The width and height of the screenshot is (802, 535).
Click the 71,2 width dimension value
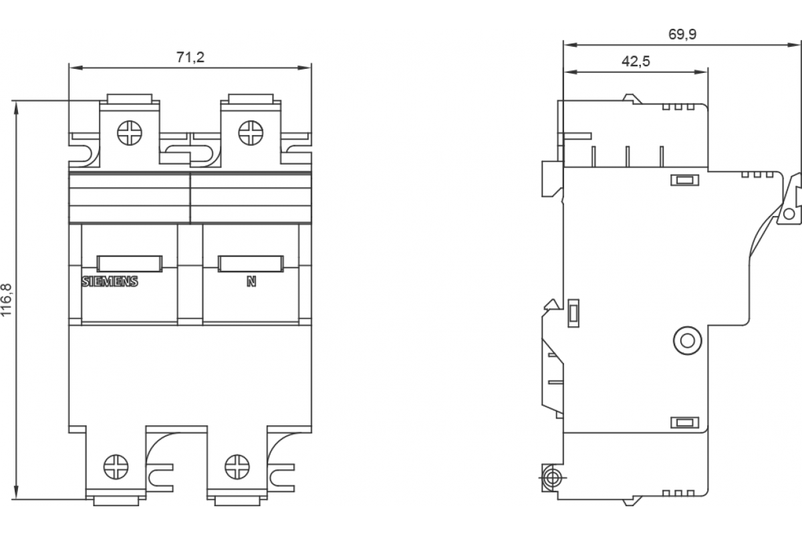190,58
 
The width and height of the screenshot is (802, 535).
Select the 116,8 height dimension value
7,300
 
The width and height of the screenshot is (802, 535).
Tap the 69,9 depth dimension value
682,34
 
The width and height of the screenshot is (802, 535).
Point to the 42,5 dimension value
636,62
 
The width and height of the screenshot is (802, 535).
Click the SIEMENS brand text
110,282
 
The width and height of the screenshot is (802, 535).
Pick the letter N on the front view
251,282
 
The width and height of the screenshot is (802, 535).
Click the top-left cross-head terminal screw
130,133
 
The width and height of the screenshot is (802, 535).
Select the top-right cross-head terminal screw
251,133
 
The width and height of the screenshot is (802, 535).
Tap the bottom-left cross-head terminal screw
116,467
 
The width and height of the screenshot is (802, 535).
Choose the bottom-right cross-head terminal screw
237,467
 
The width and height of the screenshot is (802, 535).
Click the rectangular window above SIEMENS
130,263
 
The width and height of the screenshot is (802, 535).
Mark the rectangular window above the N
251,263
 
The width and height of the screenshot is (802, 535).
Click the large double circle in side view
688,340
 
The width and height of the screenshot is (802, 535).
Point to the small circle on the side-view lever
789,214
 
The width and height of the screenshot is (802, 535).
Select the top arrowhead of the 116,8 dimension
16,108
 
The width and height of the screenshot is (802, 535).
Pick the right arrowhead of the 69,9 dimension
793,45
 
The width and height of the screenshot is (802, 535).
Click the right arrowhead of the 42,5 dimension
700,72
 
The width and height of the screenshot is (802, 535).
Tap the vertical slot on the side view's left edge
573,313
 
